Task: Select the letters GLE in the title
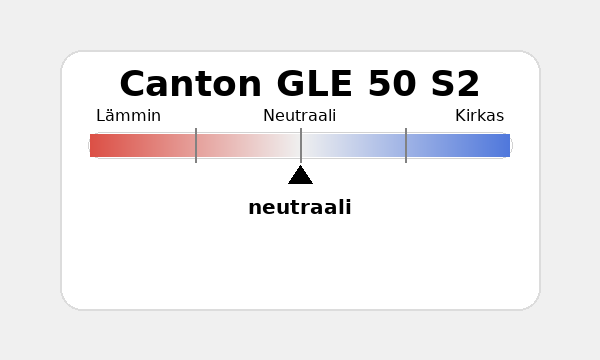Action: point(317,84)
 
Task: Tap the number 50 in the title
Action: point(393,84)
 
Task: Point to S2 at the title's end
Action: point(455,84)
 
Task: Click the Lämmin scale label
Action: point(128,116)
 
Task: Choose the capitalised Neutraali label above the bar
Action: point(299,116)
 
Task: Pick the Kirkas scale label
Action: point(479,116)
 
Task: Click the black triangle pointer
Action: point(300,176)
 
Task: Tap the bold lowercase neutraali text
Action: point(300,208)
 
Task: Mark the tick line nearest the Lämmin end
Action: point(196,145)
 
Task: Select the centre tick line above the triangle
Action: point(301,145)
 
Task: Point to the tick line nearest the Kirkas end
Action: point(406,145)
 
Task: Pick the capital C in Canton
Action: point(134,84)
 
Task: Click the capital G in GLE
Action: point(293,84)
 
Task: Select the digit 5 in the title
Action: point(380,84)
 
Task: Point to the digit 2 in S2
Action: point(468,84)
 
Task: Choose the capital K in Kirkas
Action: point(460,116)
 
